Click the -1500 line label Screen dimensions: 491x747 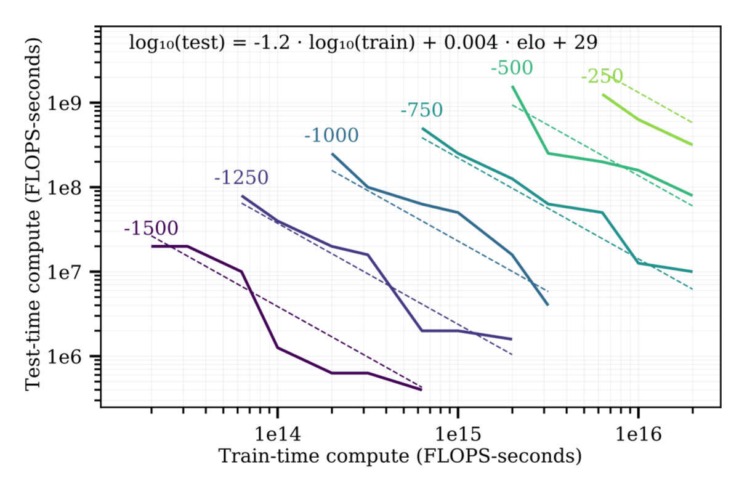point(151,229)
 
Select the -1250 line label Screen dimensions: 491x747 point(241,177)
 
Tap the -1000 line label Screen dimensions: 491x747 point(331,136)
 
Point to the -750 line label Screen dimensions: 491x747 point(421,110)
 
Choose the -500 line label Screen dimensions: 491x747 point(511,68)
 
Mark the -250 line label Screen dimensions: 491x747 point(602,77)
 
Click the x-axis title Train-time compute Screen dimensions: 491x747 point(400,457)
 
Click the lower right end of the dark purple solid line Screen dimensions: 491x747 point(421,389)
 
